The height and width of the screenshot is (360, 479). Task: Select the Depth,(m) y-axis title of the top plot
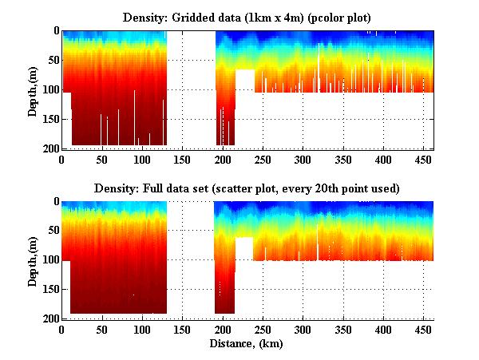[x=33, y=89]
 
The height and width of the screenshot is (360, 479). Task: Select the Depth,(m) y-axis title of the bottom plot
[x=33, y=260]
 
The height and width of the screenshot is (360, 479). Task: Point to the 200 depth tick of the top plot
[x=49, y=148]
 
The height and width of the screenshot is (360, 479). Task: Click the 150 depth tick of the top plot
[x=49, y=119]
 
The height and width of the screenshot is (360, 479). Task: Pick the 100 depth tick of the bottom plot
[x=49, y=260]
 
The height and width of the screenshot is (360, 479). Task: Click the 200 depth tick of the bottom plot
[x=49, y=319]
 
